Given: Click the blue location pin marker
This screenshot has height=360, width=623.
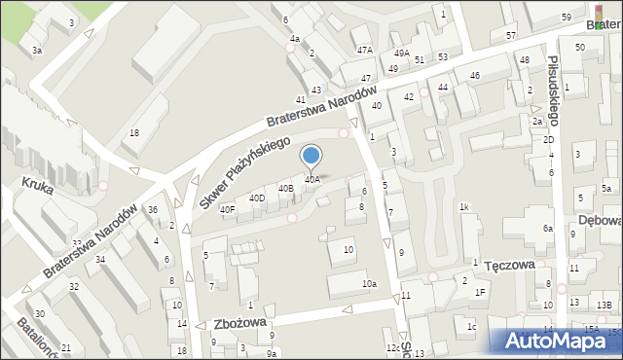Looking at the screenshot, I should click(x=311, y=156).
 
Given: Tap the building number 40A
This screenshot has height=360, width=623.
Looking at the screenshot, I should click(x=311, y=180).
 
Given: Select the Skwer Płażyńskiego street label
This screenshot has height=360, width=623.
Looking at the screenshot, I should click(x=245, y=171).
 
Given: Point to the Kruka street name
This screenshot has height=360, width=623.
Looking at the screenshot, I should click(x=36, y=182).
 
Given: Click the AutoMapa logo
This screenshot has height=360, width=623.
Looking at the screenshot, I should click(x=560, y=340).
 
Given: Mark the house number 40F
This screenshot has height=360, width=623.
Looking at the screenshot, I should click(x=227, y=209).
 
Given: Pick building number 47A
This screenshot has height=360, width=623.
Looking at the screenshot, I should click(x=364, y=50).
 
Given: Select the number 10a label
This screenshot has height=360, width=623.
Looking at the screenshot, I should click(x=369, y=284).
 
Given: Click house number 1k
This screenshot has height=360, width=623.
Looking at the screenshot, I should click(x=464, y=206).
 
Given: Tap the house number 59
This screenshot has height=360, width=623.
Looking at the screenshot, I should click(x=567, y=18).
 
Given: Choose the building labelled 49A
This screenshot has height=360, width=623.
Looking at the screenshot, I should click(x=401, y=54).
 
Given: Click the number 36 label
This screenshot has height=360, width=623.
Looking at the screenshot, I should click(x=153, y=210).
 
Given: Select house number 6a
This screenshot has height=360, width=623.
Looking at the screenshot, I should click(x=548, y=228).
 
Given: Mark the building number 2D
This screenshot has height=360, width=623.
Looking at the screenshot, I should click(x=548, y=140).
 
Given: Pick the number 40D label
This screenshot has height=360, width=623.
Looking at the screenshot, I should click(x=257, y=198).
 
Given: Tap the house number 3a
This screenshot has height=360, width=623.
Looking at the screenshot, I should click(x=37, y=50).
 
